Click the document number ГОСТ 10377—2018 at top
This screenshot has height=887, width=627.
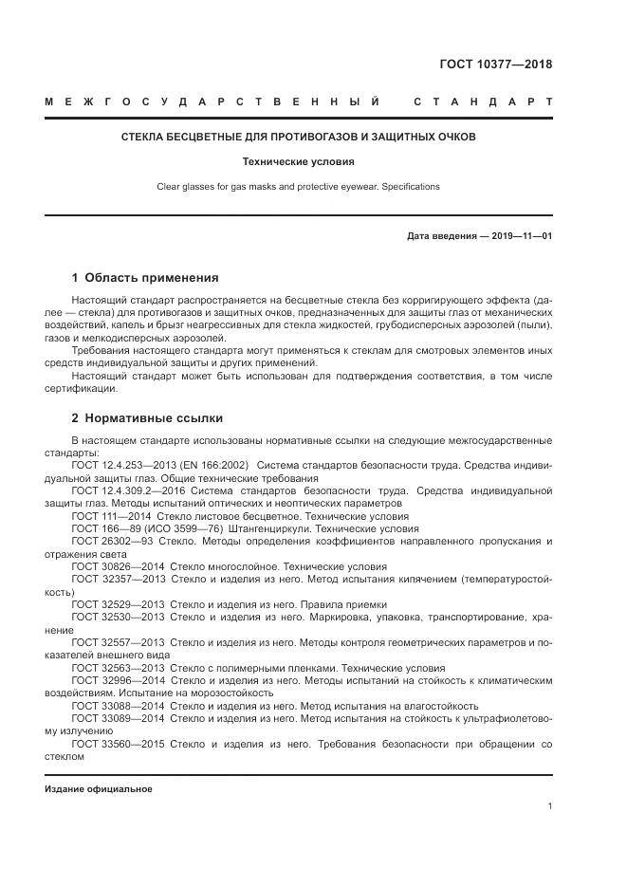(495, 65)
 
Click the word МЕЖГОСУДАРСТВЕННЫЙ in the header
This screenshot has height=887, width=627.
(213, 102)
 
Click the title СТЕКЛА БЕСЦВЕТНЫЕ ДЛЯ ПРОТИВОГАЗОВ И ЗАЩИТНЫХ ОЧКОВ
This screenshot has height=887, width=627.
(298, 138)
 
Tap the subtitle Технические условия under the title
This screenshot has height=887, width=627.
(298, 162)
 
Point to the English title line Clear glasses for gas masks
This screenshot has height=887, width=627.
(298, 187)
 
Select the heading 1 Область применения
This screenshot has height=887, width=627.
(145, 278)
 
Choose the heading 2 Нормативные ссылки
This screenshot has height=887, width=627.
(147, 417)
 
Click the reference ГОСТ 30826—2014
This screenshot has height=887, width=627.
(112, 564)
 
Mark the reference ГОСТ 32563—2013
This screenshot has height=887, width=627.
(112, 667)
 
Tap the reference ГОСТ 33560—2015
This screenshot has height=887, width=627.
(112, 745)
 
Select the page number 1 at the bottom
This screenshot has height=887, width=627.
(550, 806)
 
